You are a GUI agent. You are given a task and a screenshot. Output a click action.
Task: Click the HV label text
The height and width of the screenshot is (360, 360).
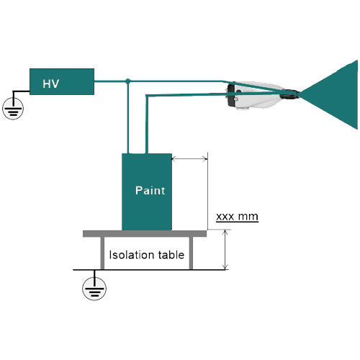pyautogui.click(x=51, y=84)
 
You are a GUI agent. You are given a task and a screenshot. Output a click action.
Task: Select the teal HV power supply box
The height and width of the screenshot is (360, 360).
pyautogui.click(x=62, y=81)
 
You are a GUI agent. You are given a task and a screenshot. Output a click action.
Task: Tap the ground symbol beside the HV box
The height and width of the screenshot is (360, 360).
pyautogui.click(x=13, y=109)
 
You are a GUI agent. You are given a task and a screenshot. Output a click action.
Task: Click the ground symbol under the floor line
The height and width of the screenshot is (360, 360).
pyautogui.click(x=94, y=288)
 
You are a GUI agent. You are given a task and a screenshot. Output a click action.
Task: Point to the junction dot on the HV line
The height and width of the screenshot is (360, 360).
pyautogui.click(x=128, y=81)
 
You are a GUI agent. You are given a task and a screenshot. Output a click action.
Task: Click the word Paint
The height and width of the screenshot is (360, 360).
pyautogui.click(x=150, y=190)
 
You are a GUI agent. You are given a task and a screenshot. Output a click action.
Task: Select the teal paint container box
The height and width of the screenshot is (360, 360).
pyautogui.click(x=147, y=192)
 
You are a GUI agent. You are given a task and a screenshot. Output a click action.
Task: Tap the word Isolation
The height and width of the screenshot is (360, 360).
pyautogui.click(x=130, y=255)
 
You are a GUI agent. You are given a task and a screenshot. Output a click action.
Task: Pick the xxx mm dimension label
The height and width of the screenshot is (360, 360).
pyautogui.click(x=237, y=217)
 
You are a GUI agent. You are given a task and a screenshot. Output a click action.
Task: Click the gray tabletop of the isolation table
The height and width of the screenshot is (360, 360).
pyautogui.click(x=145, y=233)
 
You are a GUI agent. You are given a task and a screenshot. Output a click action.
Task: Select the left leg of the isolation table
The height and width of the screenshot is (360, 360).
pyautogui.click(x=102, y=253)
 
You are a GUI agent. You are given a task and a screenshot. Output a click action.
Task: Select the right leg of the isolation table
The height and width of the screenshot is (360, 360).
pyautogui.click(x=191, y=253)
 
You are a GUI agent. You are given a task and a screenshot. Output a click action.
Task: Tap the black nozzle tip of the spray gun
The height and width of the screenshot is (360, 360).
pyautogui.click(x=289, y=94)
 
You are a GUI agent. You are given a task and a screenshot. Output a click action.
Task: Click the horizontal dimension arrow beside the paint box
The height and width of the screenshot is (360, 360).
pyautogui.click(x=189, y=158)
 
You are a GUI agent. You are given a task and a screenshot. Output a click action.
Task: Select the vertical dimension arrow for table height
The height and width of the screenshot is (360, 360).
pyautogui.click(x=225, y=250)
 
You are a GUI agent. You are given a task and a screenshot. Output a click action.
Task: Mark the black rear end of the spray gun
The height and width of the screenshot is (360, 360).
pyautogui.click(x=231, y=95)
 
